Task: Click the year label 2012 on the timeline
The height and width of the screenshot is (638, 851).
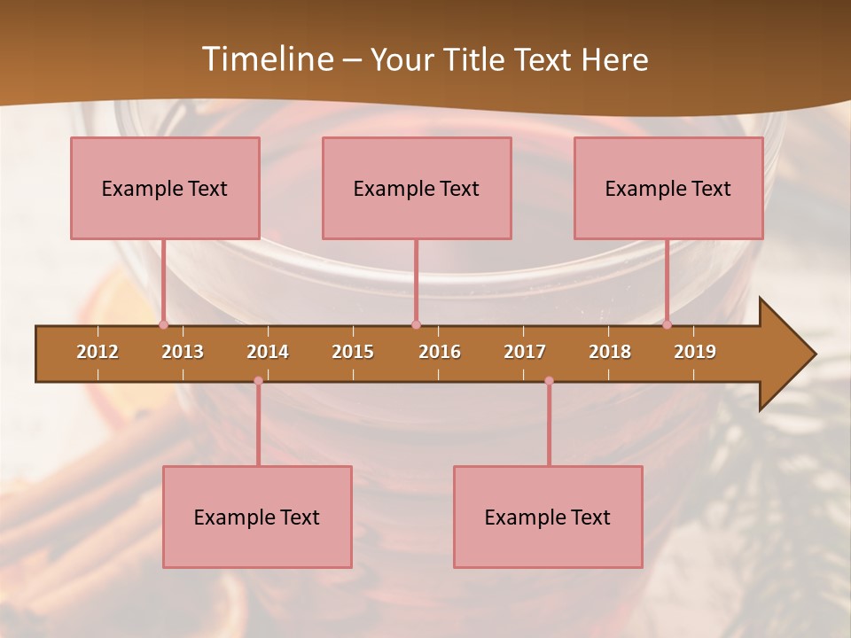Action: click(98, 352)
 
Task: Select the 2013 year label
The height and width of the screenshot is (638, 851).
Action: click(183, 352)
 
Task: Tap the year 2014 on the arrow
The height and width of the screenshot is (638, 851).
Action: click(268, 352)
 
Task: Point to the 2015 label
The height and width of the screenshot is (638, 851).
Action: click(353, 352)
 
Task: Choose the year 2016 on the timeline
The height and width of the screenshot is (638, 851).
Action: click(440, 352)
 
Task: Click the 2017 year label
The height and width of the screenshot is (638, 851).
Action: click(525, 352)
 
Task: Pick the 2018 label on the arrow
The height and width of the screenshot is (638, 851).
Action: click(610, 352)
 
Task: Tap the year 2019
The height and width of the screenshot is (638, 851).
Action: click(695, 352)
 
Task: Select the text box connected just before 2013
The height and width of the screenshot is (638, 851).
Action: click(165, 188)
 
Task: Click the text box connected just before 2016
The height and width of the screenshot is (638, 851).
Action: click(417, 188)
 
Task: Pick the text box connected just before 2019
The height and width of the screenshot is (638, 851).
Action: click(668, 188)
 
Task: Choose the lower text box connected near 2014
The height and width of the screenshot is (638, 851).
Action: click(257, 517)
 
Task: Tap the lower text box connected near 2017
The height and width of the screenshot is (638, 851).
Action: click(548, 517)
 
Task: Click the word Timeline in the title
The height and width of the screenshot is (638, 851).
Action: click(266, 59)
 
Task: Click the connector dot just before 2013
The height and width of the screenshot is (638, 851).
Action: click(163, 324)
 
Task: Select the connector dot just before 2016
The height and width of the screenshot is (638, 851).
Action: click(416, 324)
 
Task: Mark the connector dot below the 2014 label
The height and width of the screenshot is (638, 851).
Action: click(258, 380)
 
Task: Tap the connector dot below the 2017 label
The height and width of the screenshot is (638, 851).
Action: click(549, 380)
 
